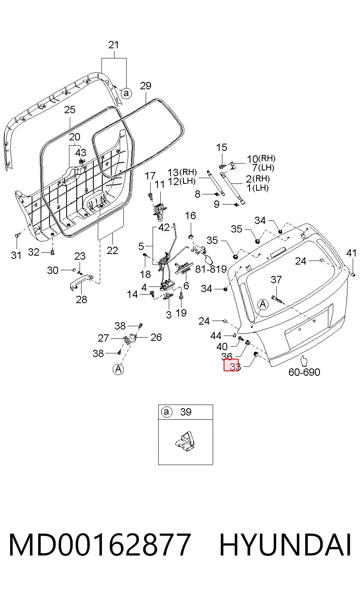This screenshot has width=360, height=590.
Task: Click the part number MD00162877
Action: point(100,545)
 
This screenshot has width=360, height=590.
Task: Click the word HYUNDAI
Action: point(285,545)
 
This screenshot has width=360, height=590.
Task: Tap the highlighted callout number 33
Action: point(231,365)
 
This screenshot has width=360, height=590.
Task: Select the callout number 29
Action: point(146,86)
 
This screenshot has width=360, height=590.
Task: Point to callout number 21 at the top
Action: point(114,45)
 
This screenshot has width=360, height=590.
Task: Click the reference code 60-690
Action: point(304,372)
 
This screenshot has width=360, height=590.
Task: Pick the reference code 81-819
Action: point(211,269)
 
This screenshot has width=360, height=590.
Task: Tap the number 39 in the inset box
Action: point(186,412)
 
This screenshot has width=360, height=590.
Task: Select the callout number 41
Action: point(351,253)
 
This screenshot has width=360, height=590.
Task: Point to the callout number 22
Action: point(112,250)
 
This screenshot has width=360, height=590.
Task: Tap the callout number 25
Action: point(70,110)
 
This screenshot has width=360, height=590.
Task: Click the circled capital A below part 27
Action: point(119,369)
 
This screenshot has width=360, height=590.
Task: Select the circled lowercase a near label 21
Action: point(127,93)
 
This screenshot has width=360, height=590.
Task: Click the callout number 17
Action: point(150,176)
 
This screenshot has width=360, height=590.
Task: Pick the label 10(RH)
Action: point(261,159)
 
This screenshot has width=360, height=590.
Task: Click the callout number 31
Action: point(16,255)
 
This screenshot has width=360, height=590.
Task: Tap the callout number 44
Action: point(216,336)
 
